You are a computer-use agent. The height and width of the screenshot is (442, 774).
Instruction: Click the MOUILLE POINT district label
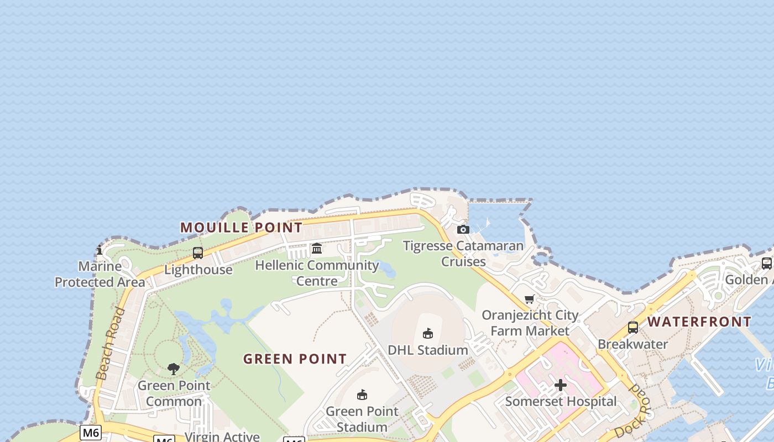click(241, 227)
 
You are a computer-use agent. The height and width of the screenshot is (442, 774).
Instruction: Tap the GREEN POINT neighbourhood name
click(295, 359)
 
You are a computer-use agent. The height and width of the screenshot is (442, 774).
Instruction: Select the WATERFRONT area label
click(699, 322)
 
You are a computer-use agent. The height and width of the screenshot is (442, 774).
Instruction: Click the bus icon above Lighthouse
click(198, 253)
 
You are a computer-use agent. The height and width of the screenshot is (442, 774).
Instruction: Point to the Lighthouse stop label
click(198, 270)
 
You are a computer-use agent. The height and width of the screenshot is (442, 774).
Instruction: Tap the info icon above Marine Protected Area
click(100, 250)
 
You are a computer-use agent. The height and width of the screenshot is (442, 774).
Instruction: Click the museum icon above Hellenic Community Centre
click(317, 249)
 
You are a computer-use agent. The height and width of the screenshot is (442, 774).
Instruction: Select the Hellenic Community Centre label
click(317, 273)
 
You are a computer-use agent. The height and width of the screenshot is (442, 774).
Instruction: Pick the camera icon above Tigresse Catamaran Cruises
click(463, 229)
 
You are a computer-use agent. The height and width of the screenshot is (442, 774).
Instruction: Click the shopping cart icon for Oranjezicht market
click(530, 299)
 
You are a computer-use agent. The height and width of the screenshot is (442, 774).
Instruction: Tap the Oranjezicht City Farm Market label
click(530, 323)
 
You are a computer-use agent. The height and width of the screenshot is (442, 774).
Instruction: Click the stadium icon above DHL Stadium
click(428, 333)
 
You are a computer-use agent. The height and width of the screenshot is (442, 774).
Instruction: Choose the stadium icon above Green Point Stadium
click(362, 394)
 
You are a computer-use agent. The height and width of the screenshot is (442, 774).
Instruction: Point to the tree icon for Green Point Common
click(174, 369)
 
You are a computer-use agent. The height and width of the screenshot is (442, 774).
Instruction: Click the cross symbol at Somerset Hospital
click(561, 385)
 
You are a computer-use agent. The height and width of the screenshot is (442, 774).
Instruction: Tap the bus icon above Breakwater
click(633, 328)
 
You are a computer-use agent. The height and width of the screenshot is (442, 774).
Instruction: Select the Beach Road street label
click(111, 344)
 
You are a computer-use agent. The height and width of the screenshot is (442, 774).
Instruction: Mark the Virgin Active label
click(222, 436)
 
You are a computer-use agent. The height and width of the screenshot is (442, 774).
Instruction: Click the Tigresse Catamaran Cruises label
click(463, 253)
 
